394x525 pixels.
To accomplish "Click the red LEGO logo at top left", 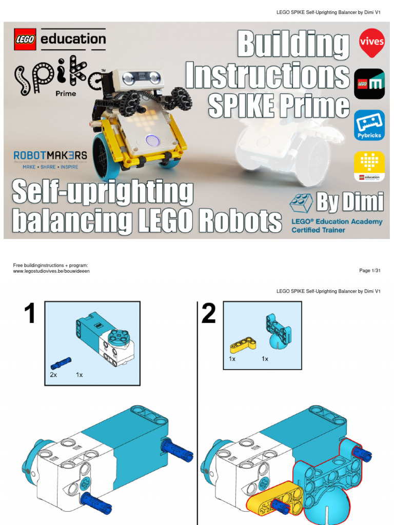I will click(x=25, y=39).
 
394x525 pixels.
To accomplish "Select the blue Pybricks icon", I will click(x=369, y=125).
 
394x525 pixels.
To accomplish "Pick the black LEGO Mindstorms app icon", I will click(x=369, y=84).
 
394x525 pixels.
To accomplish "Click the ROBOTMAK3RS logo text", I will click(x=50, y=155).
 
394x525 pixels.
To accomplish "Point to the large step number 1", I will click(x=30, y=314).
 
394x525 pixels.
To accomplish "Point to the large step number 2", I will click(x=208, y=314).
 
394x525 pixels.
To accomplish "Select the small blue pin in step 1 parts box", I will click(x=61, y=363).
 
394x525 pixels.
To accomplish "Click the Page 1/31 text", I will click(x=369, y=271).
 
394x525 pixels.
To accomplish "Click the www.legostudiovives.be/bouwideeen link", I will click(x=51, y=271).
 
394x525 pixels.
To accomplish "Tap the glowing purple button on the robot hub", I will click(x=152, y=139).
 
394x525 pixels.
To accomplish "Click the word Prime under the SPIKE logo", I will click(x=65, y=93).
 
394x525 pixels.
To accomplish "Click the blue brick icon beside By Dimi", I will click(x=301, y=203).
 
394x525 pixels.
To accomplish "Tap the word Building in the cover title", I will click(x=292, y=46).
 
